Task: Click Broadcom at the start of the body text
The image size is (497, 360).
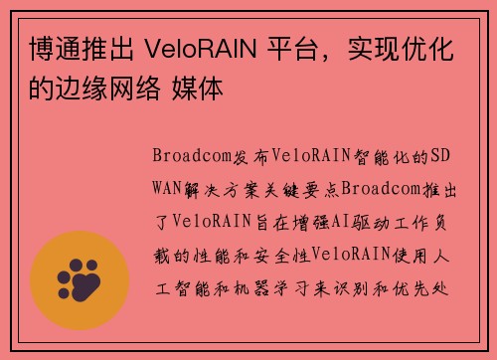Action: point(185,156)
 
